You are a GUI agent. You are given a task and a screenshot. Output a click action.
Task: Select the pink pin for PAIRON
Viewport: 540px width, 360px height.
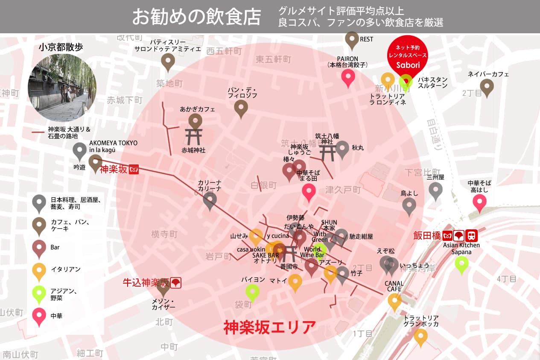pos(348,77)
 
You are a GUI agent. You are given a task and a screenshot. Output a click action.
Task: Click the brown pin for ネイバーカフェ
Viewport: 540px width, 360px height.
pos(487,87)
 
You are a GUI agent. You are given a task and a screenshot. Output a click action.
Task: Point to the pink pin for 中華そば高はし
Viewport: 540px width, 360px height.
pos(479,202)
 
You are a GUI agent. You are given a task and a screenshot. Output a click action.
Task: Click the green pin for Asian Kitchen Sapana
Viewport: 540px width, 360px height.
pos(461,263)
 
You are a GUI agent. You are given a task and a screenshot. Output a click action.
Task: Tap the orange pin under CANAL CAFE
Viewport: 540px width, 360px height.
pos(394,301)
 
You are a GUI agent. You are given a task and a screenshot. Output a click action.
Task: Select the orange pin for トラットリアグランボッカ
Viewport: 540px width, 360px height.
pos(420,336)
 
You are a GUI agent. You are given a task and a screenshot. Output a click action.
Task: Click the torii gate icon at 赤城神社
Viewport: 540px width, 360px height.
pos(194,137)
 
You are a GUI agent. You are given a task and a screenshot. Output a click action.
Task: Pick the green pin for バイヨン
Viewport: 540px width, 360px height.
pos(252,292)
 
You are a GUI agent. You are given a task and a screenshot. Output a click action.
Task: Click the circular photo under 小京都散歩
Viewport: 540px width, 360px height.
pos(62,88)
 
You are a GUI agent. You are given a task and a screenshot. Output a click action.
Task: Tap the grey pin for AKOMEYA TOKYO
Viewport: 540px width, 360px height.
pos(80,150)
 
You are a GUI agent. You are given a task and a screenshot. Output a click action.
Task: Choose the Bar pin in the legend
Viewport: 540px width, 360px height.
pos(39,248)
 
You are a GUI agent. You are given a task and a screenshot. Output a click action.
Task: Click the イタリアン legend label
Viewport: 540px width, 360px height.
pos(59,269)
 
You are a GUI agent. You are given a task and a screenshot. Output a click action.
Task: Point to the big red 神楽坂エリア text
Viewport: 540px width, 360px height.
pos(269,328)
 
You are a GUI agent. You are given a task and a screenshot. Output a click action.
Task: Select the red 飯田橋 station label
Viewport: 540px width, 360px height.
pos(426,235)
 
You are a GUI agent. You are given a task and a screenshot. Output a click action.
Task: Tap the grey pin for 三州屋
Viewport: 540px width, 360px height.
pos(435,190)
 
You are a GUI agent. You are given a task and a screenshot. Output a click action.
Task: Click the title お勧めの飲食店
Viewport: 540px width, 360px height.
pos(196,17)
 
